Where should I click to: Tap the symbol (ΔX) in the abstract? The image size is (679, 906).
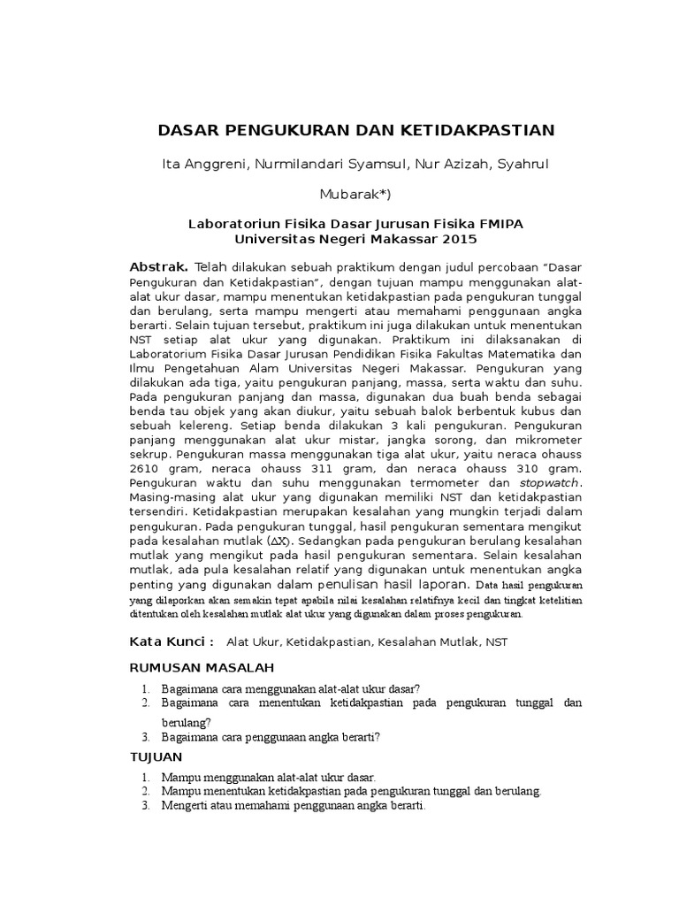coord(279,540)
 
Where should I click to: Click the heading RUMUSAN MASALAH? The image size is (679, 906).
coord(202,666)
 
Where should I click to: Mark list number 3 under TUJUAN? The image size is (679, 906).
coord(146,807)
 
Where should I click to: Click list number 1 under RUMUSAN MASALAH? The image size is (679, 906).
coord(146,687)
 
